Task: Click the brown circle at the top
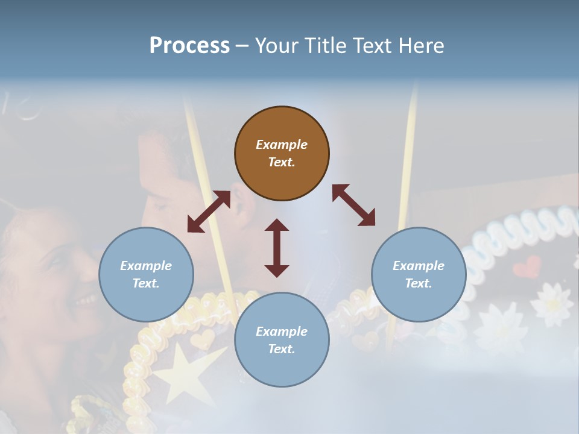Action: pyautogui.click(x=282, y=153)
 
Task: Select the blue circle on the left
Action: pyautogui.click(x=146, y=274)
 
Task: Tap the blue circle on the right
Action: pyautogui.click(x=419, y=274)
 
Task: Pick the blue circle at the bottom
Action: pyautogui.click(x=282, y=340)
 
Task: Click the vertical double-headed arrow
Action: pyautogui.click(x=277, y=248)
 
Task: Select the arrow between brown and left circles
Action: pyautogui.click(x=209, y=212)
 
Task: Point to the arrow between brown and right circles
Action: pyautogui.click(x=353, y=206)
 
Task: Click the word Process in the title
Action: pyautogui.click(x=189, y=45)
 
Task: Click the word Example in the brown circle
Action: pyautogui.click(x=282, y=145)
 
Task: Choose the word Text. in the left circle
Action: pyautogui.click(x=146, y=283)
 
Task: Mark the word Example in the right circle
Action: pyautogui.click(x=419, y=266)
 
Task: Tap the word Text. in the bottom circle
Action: pyautogui.click(x=282, y=349)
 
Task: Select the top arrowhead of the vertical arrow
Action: pyautogui.click(x=277, y=225)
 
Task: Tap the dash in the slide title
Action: pyautogui.click(x=242, y=46)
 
